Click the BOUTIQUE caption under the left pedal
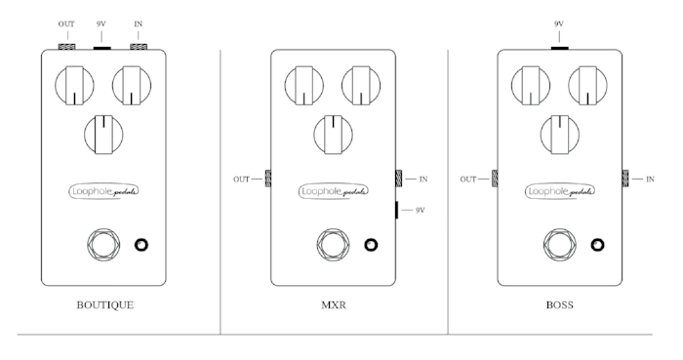click(x=105, y=304)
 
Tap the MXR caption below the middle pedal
click(x=333, y=304)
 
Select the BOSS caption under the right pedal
click(x=560, y=304)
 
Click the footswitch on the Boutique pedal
click(x=103, y=244)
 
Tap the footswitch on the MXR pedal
click(x=333, y=244)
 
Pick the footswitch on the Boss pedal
click(x=560, y=244)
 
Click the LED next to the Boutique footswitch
click(x=143, y=244)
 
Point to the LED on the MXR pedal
click(x=371, y=244)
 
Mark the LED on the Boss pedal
click(x=598, y=244)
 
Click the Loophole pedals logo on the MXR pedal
click(x=333, y=191)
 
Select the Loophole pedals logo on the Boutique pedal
click(x=104, y=191)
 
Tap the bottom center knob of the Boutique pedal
click(x=104, y=133)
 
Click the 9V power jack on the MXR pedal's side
click(x=397, y=209)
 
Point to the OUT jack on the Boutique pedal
click(x=67, y=45)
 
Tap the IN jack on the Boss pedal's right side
click(x=625, y=179)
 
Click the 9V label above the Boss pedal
click(x=559, y=22)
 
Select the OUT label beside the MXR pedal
click(x=242, y=179)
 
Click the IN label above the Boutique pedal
click(x=138, y=22)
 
